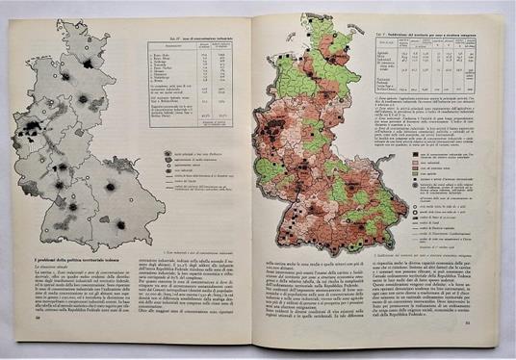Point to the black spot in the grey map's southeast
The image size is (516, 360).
click(x=121, y=224)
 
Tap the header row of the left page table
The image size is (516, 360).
click(x=198, y=46)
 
